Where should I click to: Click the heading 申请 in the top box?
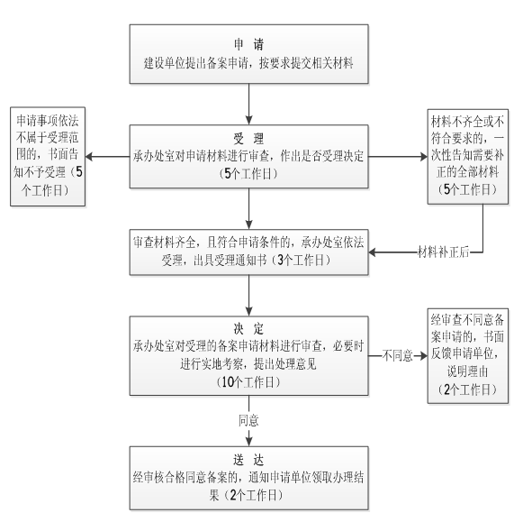tap(248, 44)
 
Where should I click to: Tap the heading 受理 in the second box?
tap(248, 139)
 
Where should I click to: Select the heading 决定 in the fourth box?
tap(248, 329)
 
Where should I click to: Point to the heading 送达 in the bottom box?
tap(248, 460)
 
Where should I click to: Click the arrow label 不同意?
tap(397, 356)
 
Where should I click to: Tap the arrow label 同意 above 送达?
tap(248, 421)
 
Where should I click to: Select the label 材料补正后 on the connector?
tap(444, 252)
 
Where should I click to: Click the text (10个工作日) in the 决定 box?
tap(248, 382)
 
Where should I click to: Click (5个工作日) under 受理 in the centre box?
tap(248, 174)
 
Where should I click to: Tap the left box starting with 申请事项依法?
tap(48, 156)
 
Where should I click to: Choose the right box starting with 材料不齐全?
tap(467, 157)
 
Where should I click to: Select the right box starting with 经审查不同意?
tap(467, 356)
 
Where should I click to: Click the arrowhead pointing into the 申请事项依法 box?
tap(89, 157)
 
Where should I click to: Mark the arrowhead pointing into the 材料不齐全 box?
tap(423, 157)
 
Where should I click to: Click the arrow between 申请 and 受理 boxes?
tap(248, 104)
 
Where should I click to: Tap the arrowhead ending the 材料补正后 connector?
tap(372, 252)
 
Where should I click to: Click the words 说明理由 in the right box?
tap(467, 371)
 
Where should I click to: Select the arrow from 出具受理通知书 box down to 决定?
tap(248, 296)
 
